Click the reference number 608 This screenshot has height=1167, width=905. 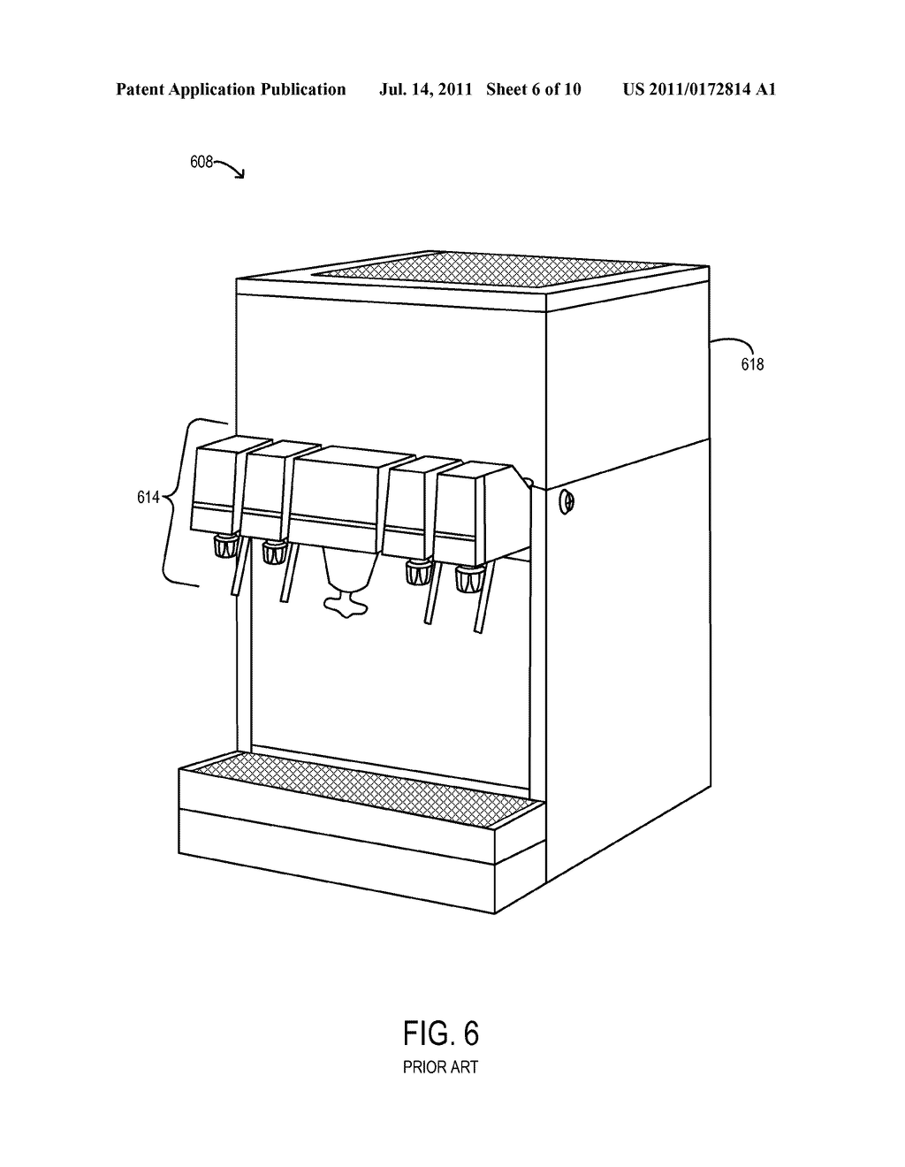(x=202, y=162)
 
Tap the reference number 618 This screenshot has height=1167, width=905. (x=752, y=364)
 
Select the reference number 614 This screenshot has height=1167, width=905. (x=148, y=498)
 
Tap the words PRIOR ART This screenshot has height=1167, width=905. (x=440, y=1067)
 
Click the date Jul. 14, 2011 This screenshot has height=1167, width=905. (x=425, y=89)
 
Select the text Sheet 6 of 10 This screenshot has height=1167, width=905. (x=534, y=89)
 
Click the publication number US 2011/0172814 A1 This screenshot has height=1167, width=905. (x=699, y=89)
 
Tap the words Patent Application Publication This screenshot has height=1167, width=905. (x=231, y=89)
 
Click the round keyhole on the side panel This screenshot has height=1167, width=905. (x=567, y=501)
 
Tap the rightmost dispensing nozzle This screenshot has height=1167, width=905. (x=468, y=579)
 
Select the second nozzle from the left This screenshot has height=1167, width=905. (x=274, y=553)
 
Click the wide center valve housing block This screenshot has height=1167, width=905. (x=349, y=494)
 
